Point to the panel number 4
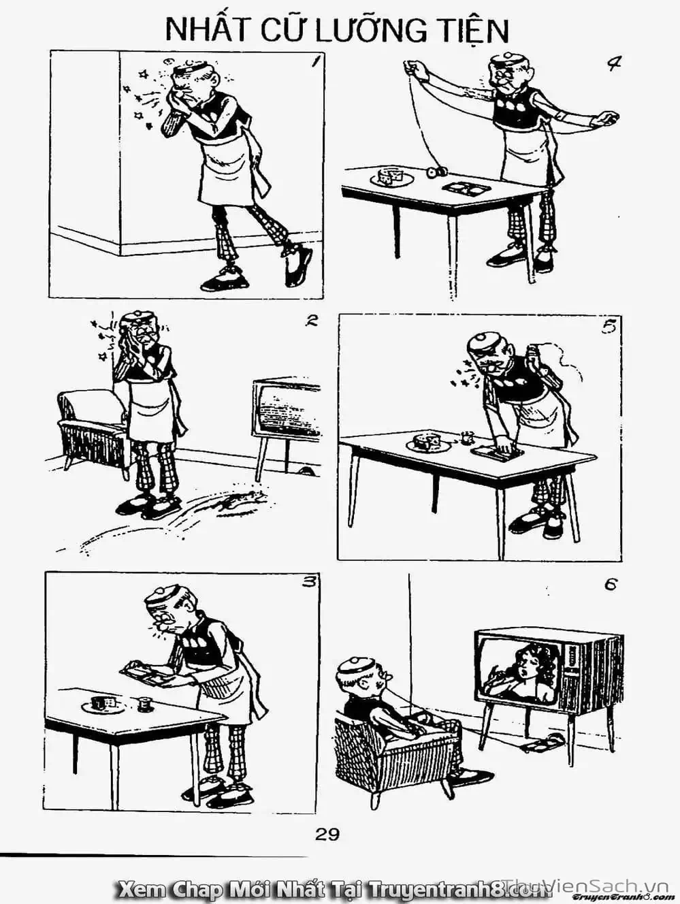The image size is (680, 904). (614, 63)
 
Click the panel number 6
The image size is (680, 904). (611, 585)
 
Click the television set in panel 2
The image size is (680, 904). (286, 424)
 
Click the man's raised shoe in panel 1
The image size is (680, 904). (297, 263)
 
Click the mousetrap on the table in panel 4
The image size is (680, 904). (466, 188)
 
